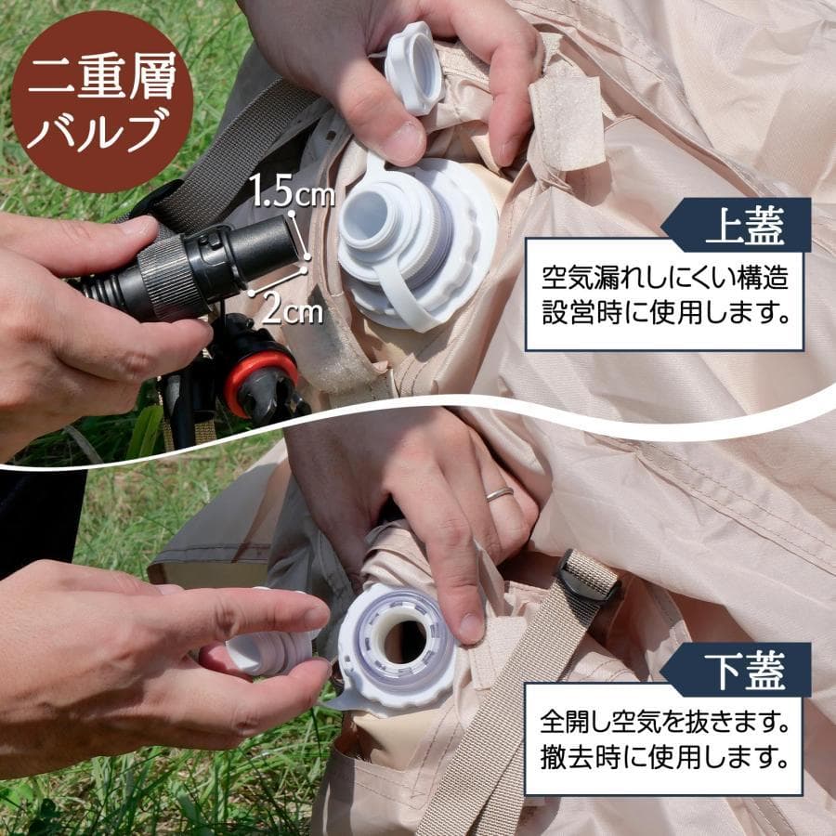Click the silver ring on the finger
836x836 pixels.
click(499, 493)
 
